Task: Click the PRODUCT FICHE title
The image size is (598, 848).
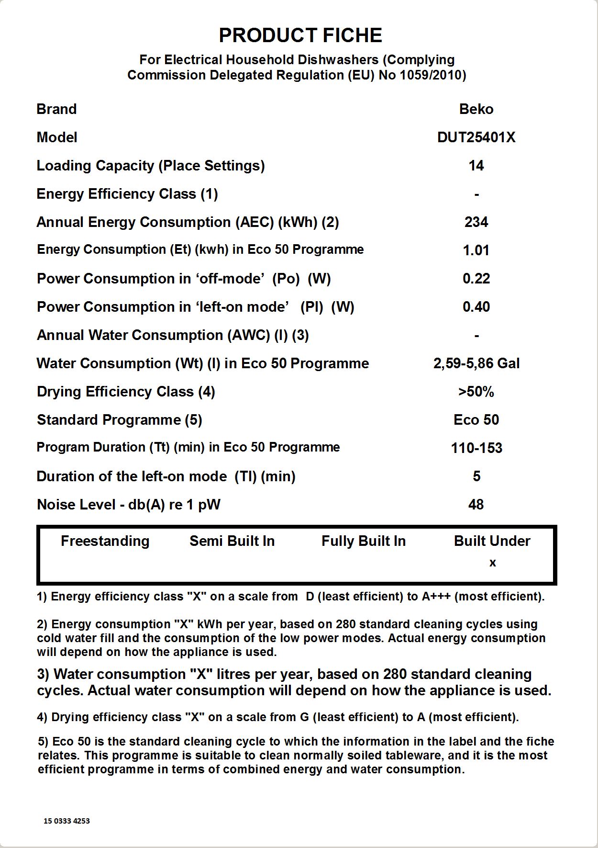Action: point(300,35)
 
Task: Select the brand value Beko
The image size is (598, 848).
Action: point(476,109)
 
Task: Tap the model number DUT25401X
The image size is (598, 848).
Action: point(476,137)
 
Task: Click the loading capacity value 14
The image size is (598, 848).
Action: point(476,166)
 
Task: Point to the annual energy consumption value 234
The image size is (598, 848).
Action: point(476,222)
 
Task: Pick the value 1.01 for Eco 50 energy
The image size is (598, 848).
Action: point(476,250)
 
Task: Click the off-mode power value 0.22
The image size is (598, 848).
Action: point(476,279)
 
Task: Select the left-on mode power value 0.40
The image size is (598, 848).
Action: point(476,307)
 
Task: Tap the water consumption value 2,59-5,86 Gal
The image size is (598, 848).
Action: point(476,363)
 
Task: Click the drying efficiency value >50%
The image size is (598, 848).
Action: point(476,392)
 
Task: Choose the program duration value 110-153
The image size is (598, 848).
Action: point(476,448)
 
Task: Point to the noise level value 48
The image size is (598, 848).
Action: point(476,505)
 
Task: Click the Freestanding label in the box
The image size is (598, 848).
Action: point(105,541)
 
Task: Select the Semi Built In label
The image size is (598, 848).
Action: point(232,541)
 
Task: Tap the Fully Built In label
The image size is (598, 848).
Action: point(364,541)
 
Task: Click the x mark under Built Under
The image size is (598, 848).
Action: point(492,563)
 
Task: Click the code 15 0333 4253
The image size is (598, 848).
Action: point(66,821)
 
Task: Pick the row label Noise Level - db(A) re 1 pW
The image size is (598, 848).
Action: point(128,505)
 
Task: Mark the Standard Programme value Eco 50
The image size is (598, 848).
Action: point(476,420)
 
